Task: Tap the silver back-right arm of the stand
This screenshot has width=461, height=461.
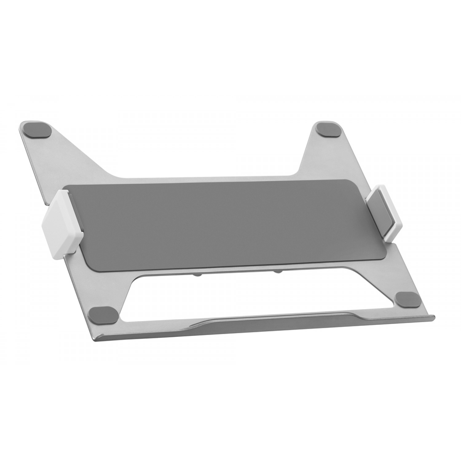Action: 320,157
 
